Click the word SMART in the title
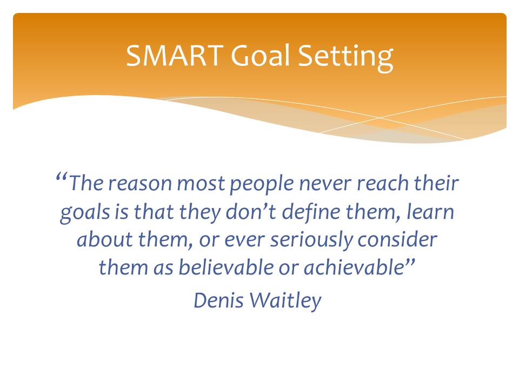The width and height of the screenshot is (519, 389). [x=175, y=55]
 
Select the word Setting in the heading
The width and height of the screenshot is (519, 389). [x=346, y=57]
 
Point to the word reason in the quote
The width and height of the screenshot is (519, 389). [x=139, y=184]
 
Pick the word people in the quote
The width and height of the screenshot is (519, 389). [x=262, y=185]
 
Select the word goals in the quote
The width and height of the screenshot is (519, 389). [x=85, y=213]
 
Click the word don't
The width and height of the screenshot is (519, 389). [x=251, y=211]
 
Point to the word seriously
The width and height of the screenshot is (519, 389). [x=311, y=241]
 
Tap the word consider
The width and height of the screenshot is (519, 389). [x=397, y=239]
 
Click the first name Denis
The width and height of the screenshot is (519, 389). [x=218, y=300]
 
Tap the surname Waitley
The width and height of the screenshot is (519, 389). [x=285, y=301]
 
